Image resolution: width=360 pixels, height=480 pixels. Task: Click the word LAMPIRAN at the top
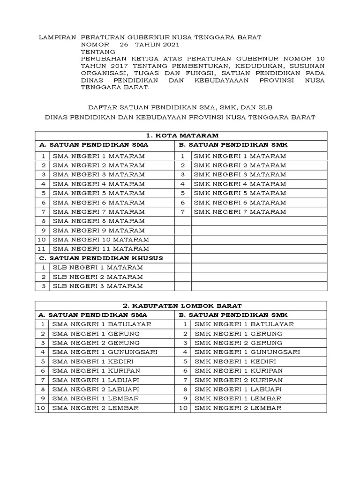pyautogui.click(x=56, y=37)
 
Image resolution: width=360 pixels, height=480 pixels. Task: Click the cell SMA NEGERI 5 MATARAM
pyautogui.click(x=98, y=193)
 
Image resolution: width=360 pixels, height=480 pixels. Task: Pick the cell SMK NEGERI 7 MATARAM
pyautogui.click(x=240, y=212)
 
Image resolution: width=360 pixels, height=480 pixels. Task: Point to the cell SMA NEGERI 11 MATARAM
pyautogui.click(x=101, y=249)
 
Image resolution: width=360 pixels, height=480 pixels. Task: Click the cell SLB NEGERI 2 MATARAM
pyautogui.click(x=97, y=277)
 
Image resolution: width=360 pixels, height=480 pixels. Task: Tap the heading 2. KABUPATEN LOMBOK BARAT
pyautogui.click(x=181, y=305)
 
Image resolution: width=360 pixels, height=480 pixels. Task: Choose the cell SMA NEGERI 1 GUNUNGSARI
pyautogui.click(x=105, y=352)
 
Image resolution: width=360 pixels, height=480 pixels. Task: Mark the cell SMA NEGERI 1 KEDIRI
pyautogui.click(x=93, y=361)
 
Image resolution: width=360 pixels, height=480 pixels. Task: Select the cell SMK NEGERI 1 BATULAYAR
pyautogui.click(x=244, y=324)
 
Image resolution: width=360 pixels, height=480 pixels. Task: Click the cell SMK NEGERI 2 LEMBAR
pyautogui.click(x=238, y=408)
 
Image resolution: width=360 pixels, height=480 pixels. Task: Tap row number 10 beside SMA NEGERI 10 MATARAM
pyautogui.click(x=42, y=240)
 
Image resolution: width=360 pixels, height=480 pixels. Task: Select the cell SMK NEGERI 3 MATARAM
pyautogui.click(x=240, y=174)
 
